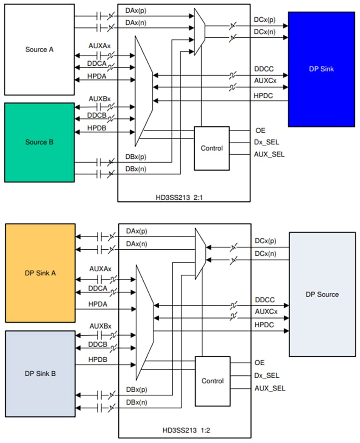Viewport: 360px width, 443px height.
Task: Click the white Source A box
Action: (x=39, y=50)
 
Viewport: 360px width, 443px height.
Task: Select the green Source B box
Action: (x=39, y=142)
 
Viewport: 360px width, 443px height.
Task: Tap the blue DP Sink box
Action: (x=321, y=69)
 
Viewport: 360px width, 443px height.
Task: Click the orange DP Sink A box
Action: (x=40, y=273)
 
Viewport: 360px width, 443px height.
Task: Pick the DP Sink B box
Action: (x=40, y=373)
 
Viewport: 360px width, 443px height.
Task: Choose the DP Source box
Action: (x=322, y=294)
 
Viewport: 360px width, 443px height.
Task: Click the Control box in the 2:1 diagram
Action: (x=211, y=148)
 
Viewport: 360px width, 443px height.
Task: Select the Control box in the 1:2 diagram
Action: (x=212, y=381)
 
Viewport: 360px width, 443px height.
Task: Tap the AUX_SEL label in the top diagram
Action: (x=269, y=154)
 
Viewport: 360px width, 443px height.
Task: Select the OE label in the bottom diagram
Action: (x=260, y=363)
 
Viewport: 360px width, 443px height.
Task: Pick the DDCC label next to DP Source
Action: (x=265, y=300)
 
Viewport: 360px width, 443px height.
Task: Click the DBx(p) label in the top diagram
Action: (x=136, y=157)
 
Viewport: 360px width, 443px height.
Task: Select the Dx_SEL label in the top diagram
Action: (x=267, y=142)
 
